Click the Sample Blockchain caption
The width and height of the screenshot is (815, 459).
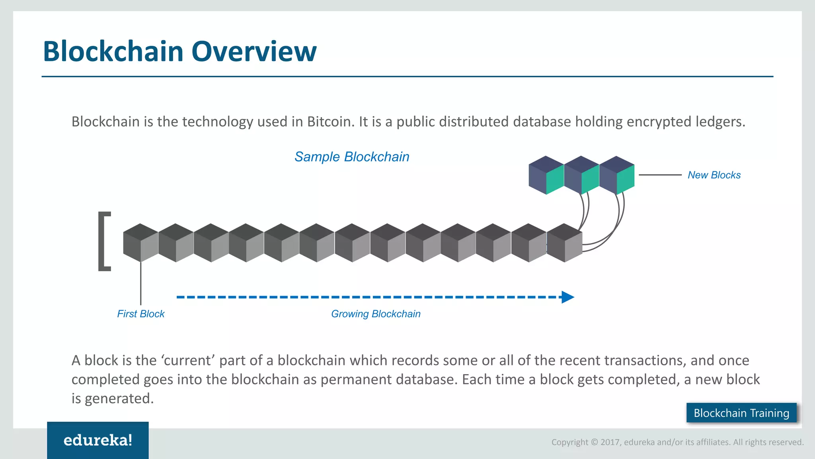click(352, 157)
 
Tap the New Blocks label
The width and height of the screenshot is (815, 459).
click(714, 175)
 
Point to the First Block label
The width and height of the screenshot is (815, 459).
click(140, 314)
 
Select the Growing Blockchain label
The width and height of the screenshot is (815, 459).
click(376, 314)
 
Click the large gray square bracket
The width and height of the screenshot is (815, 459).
click(104, 241)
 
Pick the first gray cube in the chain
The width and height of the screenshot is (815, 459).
click(140, 243)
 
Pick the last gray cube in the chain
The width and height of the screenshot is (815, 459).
click(564, 243)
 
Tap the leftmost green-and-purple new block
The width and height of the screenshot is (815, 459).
click(546, 175)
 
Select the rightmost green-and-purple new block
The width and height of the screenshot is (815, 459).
click(617, 175)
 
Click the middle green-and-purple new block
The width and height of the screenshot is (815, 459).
click(581, 175)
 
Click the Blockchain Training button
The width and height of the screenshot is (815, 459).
click(741, 413)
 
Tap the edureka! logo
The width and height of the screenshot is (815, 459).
click(98, 440)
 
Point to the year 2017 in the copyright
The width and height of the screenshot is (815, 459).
click(610, 442)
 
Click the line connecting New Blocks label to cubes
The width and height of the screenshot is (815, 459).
click(660, 175)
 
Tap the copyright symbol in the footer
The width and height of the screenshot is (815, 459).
click(595, 442)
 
